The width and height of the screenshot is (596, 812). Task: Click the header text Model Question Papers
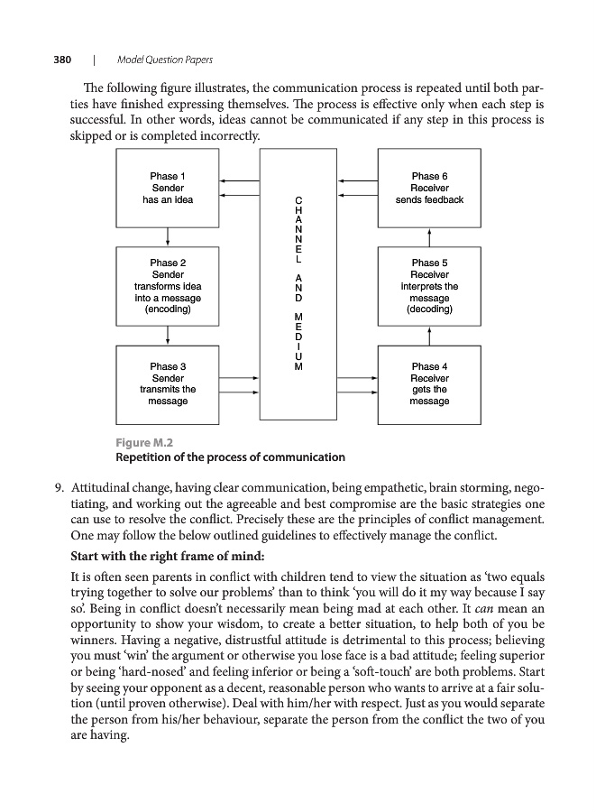pos(165,60)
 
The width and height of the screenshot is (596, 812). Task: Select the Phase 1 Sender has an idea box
pos(169,188)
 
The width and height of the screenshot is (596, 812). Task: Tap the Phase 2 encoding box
pos(169,285)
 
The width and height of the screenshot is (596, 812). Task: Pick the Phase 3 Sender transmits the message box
pos(169,384)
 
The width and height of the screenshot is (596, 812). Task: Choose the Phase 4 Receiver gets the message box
pos(429,384)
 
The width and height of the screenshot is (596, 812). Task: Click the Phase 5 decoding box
pos(429,285)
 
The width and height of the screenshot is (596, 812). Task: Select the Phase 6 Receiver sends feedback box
pos(429,188)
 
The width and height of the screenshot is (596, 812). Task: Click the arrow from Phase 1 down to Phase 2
pos(169,235)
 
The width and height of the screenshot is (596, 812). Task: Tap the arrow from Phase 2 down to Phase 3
pos(169,335)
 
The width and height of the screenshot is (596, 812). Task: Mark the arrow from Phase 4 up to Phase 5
pos(429,335)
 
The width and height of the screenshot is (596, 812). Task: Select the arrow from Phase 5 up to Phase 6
pos(429,235)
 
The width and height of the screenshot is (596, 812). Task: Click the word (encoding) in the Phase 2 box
pos(169,309)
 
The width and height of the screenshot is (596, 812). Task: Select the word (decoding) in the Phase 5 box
pos(429,309)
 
